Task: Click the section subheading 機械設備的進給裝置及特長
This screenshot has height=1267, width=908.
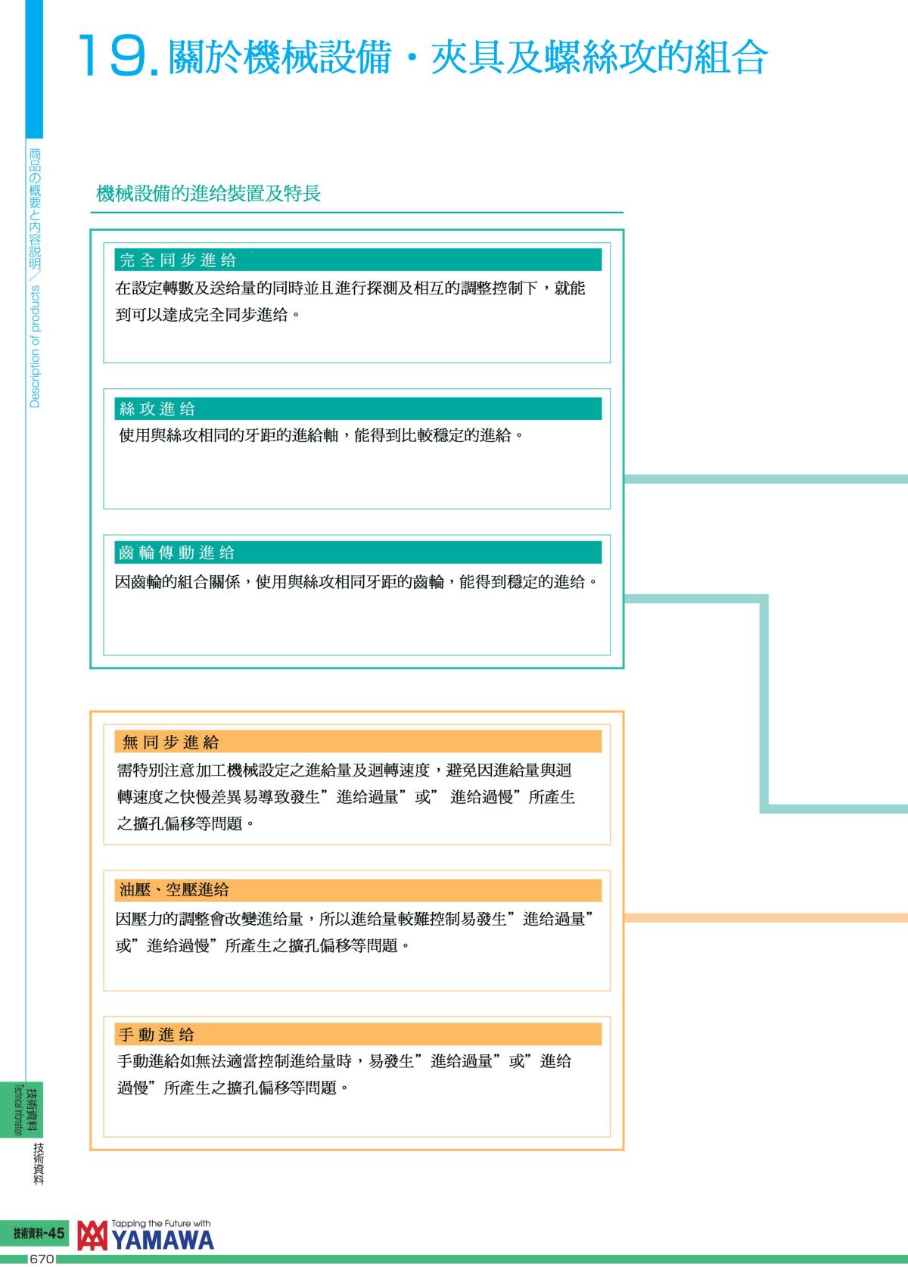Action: pos(209,194)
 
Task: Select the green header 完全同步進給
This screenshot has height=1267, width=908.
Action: pos(179,260)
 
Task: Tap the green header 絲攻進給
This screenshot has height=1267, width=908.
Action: pos(158,409)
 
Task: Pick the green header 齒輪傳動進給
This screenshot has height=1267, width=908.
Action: pos(177,553)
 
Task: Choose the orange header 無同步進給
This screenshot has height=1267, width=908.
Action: pos(171,742)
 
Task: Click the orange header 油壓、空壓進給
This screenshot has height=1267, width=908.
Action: pos(174,890)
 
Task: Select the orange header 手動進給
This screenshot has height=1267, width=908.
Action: pos(157,1035)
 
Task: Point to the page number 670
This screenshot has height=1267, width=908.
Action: pos(41,1259)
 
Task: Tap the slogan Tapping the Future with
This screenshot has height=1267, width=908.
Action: pos(160,1223)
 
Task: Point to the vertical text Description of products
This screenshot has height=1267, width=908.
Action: pos(35,347)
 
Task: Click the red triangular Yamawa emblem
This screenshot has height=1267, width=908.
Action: pos(93,1235)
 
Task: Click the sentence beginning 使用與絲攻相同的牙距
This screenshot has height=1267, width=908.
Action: pos(321,436)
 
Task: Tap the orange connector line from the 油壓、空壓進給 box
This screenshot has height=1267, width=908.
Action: pos(764,917)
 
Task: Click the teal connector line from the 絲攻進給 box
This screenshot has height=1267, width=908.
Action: pos(764,478)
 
